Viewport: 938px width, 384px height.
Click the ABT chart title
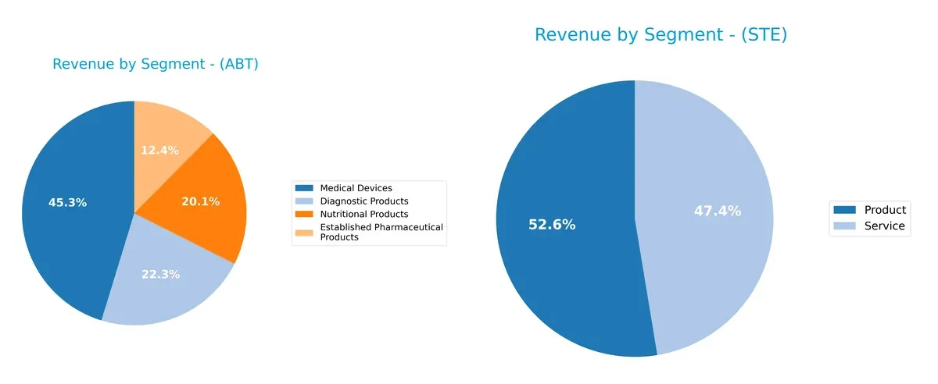click(x=155, y=64)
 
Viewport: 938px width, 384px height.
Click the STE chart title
click(x=661, y=35)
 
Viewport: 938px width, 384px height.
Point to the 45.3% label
click(x=67, y=203)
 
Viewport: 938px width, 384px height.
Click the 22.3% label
click(x=161, y=274)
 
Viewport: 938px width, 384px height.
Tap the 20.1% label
click(x=201, y=201)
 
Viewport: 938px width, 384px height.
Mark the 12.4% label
click(x=159, y=150)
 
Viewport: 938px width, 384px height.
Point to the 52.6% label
click(x=551, y=225)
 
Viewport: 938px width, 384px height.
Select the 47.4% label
click(x=718, y=211)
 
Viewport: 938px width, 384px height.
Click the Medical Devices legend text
click(x=356, y=188)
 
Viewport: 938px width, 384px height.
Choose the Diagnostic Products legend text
click(x=364, y=201)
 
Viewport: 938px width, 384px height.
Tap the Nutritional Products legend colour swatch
click(x=304, y=214)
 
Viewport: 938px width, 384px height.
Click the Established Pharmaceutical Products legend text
click(x=381, y=232)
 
